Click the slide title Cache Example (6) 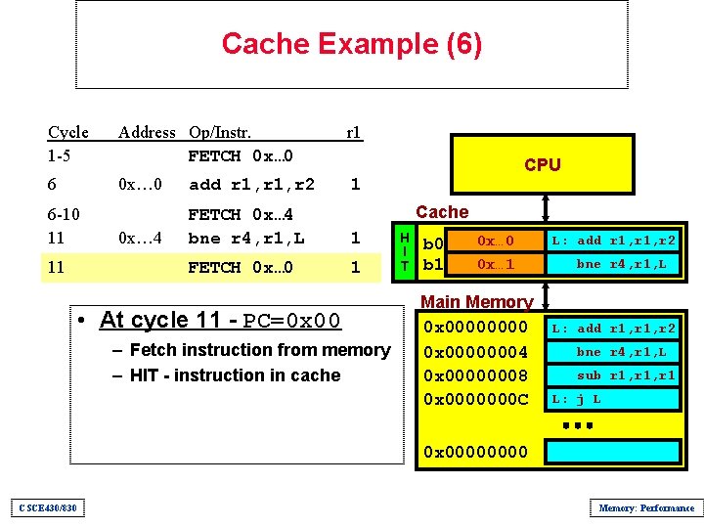pyautogui.click(x=351, y=44)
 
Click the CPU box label pyautogui.click(x=542, y=164)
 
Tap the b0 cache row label pyautogui.click(x=432, y=242)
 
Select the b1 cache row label pyautogui.click(x=432, y=265)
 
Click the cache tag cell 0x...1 pyautogui.click(x=495, y=264)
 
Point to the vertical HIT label pyautogui.click(x=405, y=252)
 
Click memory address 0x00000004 pyautogui.click(x=475, y=351)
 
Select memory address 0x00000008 pyautogui.click(x=475, y=374)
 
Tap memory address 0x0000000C pyautogui.click(x=475, y=398)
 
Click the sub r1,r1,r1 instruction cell pyautogui.click(x=613, y=375)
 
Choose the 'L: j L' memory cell pyautogui.click(x=613, y=399)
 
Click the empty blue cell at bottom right pyautogui.click(x=613, y=451)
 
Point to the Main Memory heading pyautogui.click(x=476, y=303)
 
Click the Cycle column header pyautogui.click(x=67, y=132)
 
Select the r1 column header pyautogui.click(x=354, y=132)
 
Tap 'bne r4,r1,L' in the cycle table pyautogui.click(x=246, y=238)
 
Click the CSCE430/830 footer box pyautogui.click(x=47, y=507)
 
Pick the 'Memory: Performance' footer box pyautogui.click(x=645, y=507)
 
